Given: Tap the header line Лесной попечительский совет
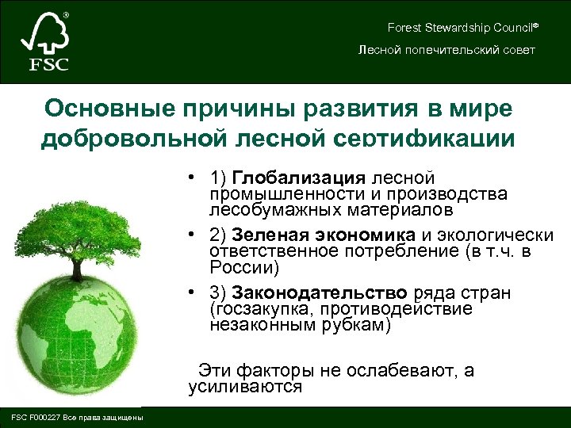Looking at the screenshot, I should coord(446,50).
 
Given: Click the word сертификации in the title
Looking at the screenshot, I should coord(433,137).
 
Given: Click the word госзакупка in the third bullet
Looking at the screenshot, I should coord(259,309).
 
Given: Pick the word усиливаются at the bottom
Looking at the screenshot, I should coord(245,387).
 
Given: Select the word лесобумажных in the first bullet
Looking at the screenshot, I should coord(262,210).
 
